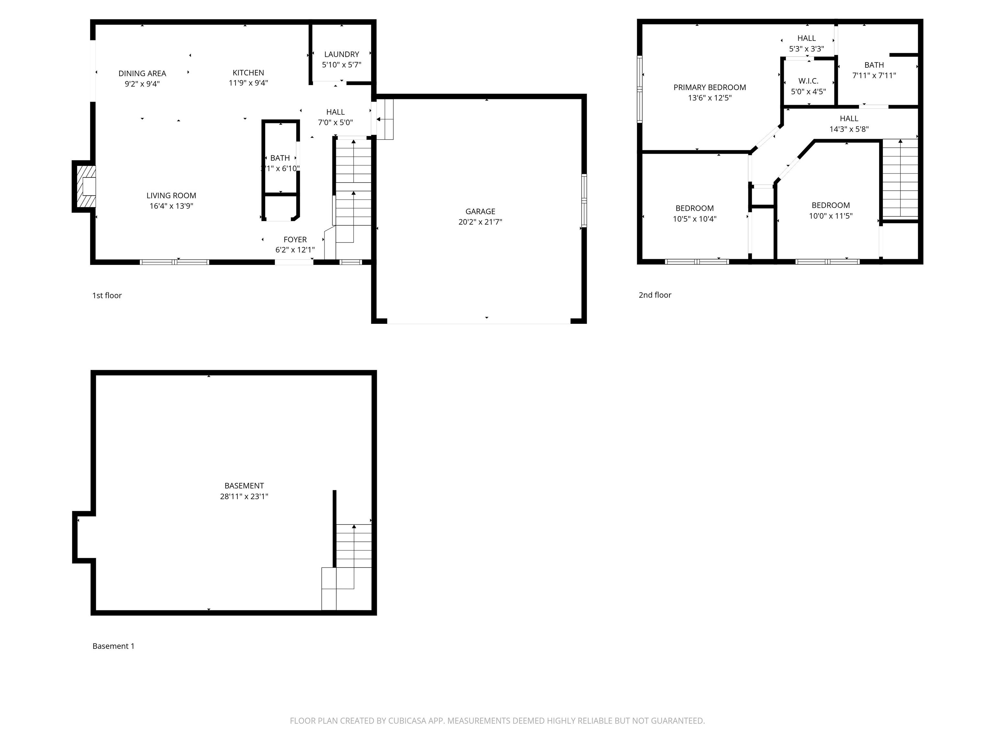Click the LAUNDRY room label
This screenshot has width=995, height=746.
[341, 54]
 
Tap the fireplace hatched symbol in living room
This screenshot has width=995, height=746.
[86, 186]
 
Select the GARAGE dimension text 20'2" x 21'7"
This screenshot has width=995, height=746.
[480, 222]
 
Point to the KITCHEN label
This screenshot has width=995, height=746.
[248, 73]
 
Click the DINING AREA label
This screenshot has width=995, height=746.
[142, 73]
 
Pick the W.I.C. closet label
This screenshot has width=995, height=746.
[808, 81]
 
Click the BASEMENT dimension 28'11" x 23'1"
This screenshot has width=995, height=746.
[244, 496]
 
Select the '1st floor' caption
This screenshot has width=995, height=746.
[107, 295]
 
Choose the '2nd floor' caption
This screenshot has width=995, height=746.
[655, 295]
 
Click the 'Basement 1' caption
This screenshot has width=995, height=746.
[113, 646]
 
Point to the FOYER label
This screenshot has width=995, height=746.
[295, 240]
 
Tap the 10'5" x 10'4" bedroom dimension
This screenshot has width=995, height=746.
[694, 219]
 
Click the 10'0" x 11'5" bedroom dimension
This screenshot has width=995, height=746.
[831, 216]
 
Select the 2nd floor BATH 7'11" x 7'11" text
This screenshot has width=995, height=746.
[874, 70]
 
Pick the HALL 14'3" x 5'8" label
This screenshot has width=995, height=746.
[849, 124]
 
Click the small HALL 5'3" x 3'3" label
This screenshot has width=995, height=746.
[806, 44]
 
